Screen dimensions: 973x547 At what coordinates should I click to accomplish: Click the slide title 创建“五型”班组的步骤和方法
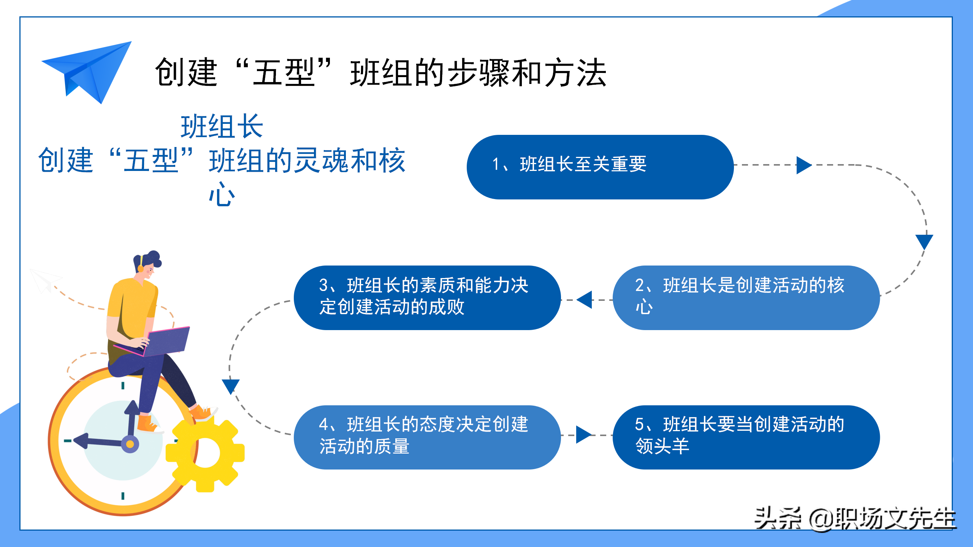(x=380, y=72)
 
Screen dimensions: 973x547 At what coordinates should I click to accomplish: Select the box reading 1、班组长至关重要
(x=600, y=167)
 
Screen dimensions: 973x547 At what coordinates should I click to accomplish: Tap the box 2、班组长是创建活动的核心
(x=746, y=297)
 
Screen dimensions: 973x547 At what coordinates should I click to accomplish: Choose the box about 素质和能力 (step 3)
(x=427, y=297)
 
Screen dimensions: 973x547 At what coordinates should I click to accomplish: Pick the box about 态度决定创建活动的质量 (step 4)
(x=427, y=437)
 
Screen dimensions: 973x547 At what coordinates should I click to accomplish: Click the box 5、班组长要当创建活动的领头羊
(x=746, y=437)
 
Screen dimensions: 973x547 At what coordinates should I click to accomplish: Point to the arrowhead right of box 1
(x=804, y=165)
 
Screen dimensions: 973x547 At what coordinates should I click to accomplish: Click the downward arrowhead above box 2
(x=924, y=242)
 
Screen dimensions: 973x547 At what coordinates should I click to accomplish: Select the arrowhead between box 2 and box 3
(x=584, y=300)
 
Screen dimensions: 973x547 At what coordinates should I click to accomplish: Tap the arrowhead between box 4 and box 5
(x=584, y=435)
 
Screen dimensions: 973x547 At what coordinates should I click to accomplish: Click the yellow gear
(x=205, y=453)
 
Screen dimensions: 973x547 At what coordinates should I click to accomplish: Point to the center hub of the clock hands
(x=130, y=444)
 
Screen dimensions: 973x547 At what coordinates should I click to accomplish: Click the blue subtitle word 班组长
(x=222, y=126)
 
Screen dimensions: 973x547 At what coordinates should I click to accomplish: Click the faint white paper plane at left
(x=45, y=280)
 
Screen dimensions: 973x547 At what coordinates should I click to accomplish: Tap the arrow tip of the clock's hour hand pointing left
(x=74, y=441)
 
